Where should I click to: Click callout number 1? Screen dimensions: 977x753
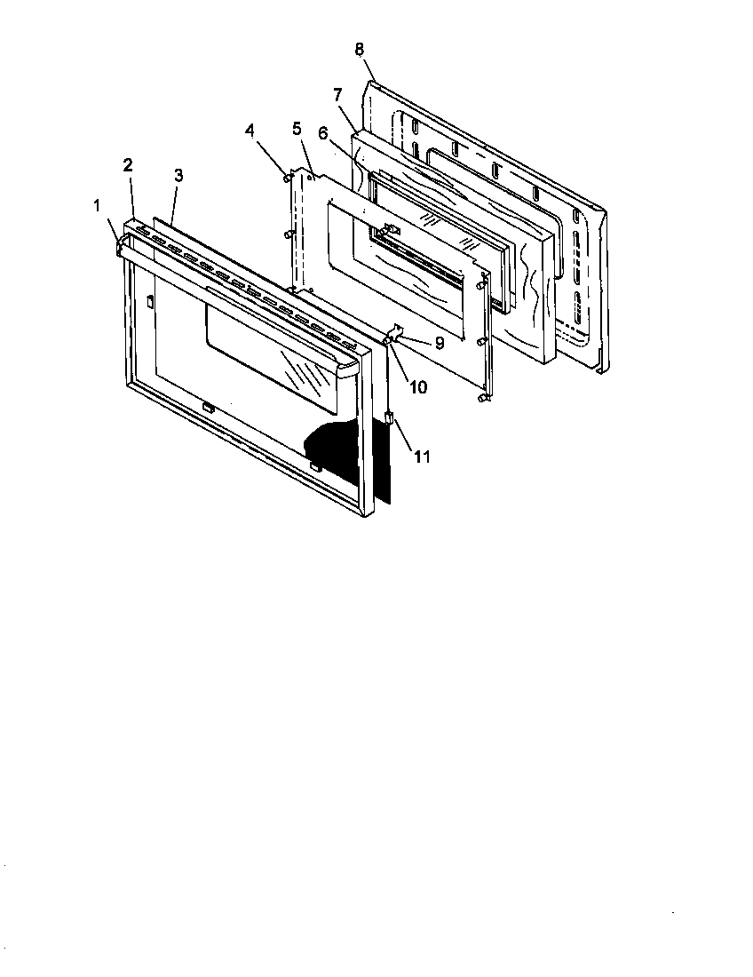97,206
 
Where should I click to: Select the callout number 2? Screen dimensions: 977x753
129,164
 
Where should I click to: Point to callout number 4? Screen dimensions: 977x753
251,130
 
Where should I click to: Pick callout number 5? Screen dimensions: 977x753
297,128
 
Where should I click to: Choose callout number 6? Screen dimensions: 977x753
323,132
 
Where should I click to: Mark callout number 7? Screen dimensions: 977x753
338,94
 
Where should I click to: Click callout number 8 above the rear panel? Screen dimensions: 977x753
360,49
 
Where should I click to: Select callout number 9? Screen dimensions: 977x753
439,342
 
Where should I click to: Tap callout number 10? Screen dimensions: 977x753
417,387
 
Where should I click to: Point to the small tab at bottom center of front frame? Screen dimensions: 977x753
208,408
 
